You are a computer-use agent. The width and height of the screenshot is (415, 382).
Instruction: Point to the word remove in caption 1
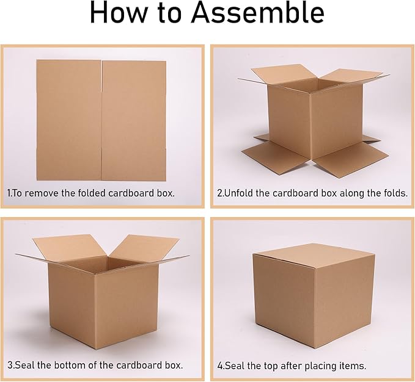pos(47,193)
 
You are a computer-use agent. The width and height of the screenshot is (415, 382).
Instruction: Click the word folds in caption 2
pos(392,193)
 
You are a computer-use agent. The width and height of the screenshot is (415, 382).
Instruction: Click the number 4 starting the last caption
pos(220,366)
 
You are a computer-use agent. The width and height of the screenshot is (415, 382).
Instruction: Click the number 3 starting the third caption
pos(10,366)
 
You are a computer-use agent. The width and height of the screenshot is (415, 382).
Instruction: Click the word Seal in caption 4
pos(236,366)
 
